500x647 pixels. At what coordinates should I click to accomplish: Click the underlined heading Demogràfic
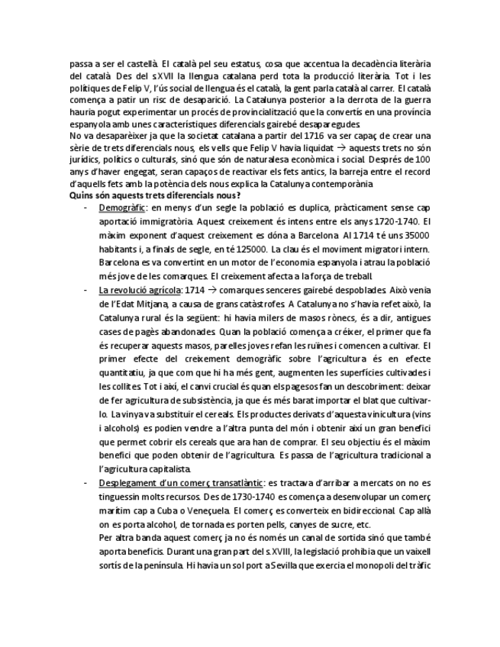121,207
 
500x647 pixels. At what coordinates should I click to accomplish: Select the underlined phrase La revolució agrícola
140,291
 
